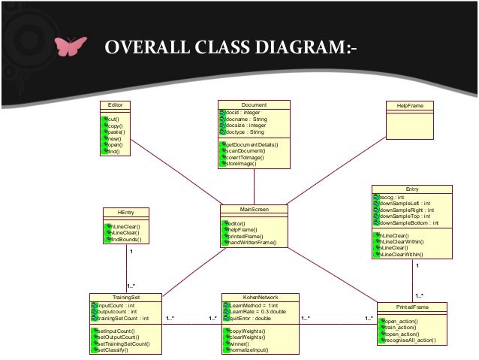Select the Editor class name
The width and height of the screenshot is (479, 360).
[x=116, y=105]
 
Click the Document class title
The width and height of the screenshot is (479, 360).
[x=254, y=105]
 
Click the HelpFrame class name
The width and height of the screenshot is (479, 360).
[x=411, y=106]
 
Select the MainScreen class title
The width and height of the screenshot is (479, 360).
[x=255, y=209]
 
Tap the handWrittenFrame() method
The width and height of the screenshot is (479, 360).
[x=252, y=243]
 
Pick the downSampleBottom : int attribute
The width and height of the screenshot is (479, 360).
[x=411, y=223]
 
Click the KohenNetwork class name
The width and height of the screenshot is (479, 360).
[x=260, y=298]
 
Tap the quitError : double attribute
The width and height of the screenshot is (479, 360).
[x=250, y=318]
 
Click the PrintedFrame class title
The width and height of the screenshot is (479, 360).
[x=412, y=307]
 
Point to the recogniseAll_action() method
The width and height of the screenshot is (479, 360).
[x=414, y=340]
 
